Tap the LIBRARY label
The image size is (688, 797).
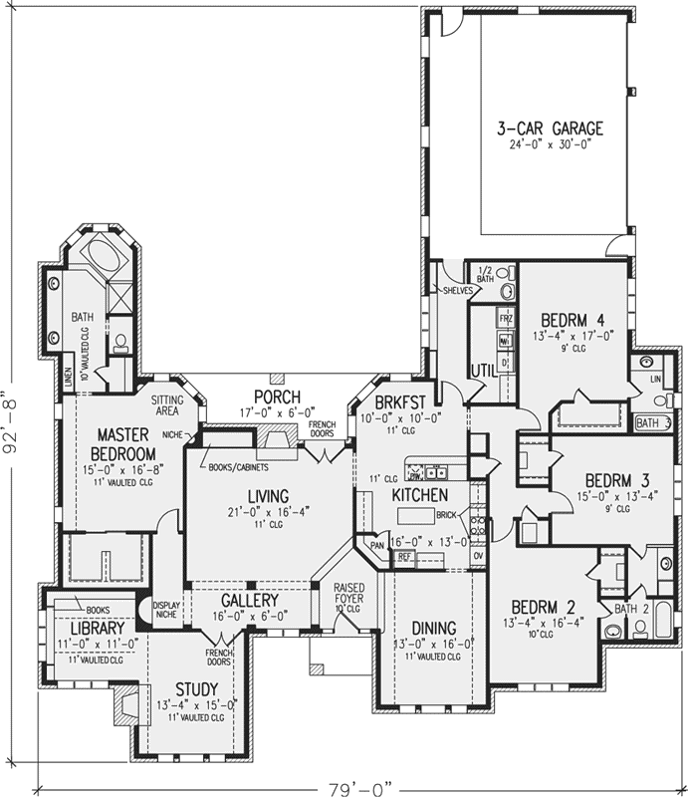click(x=96, y=629)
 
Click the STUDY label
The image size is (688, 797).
click(x=197, y=687)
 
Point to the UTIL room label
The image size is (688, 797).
click(x=483, y=369)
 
